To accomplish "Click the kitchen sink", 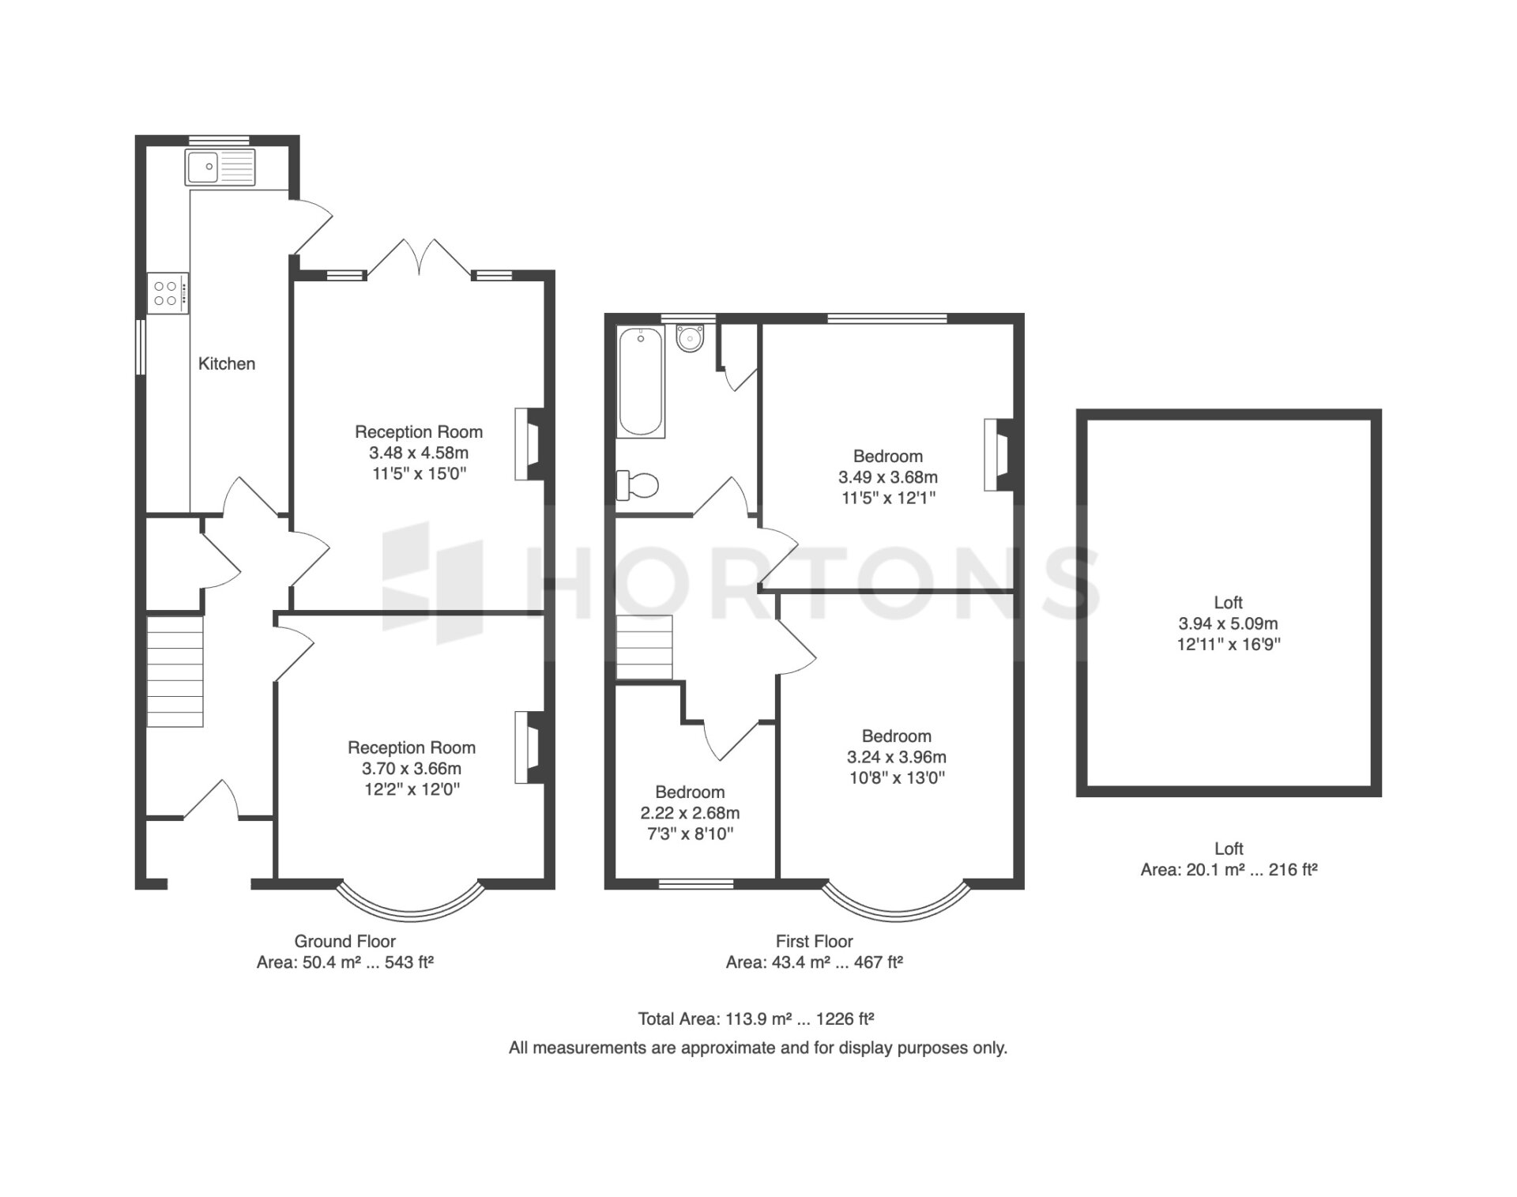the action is click(x=220, y=167).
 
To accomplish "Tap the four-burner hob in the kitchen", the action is click(x=168, y=293).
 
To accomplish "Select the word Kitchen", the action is click(x=227, y=363).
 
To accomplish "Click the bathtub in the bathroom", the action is click(x=641, y=382).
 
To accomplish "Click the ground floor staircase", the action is click(x=175, y=671).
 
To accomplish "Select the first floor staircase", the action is click(x=645, y=647).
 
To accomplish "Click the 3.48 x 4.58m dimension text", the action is click(x=419, y=453).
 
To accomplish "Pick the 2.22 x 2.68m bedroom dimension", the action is click(x=690, y=813).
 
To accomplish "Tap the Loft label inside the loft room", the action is click(x=1229, y=602).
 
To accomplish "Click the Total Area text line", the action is click(x=756, y=1019).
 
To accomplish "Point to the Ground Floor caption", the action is click(x=345, y=941).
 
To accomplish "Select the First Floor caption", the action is click(x=815, y=941).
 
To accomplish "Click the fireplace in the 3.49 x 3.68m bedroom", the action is click(x=999, y=454).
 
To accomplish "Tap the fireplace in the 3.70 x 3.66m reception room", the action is click(x=530, y=747).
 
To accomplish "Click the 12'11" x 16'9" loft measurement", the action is click(x=1229, y=644).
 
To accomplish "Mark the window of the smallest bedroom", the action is click(x=695, y=884).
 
